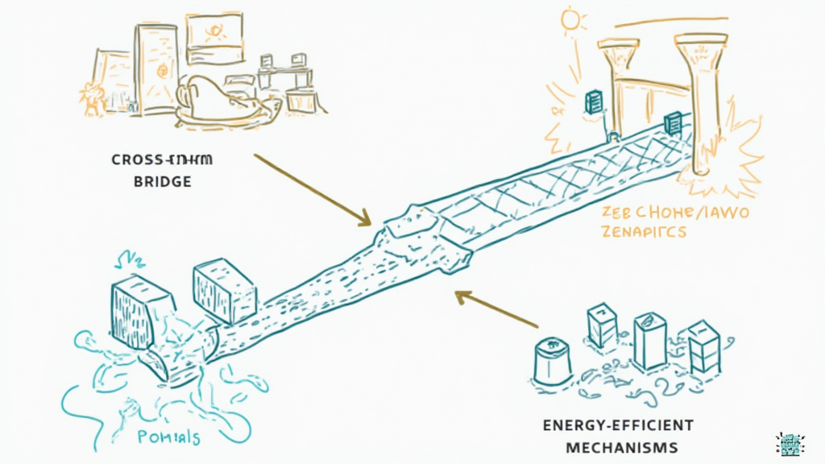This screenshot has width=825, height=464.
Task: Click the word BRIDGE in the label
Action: (161, 181)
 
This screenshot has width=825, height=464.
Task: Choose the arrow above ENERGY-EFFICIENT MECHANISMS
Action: (495, 309)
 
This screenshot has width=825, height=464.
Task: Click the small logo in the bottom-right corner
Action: (790, 442)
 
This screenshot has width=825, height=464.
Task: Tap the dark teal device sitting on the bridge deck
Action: (672, 123)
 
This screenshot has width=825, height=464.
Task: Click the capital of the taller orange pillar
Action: (702, 41)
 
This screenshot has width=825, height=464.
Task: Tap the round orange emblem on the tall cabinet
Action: (161, 71)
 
